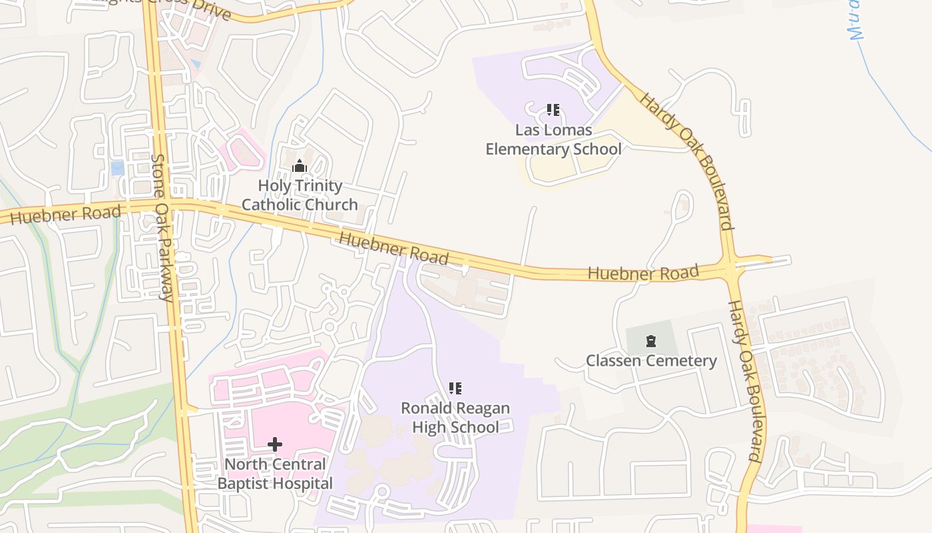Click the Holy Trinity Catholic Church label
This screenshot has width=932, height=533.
[300, 195]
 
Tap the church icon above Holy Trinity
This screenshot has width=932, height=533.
[300, 166]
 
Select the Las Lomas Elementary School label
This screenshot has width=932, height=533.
[553, 139]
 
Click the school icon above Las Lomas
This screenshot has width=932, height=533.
[553, 110]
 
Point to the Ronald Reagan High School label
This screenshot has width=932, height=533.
[455, 417]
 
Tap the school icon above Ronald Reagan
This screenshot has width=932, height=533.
[455, 388]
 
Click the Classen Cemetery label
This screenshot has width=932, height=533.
[651, 361]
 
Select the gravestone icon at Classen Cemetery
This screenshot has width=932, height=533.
[651, 342]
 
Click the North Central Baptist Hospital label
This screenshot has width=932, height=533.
[275, 474]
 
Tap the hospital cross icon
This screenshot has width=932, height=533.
[275, 444]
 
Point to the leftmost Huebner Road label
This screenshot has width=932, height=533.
[65, 215]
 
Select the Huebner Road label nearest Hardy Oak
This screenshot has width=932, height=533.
[643, 273]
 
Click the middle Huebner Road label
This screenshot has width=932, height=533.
[393, 248]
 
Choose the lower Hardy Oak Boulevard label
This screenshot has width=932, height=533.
[744, 381]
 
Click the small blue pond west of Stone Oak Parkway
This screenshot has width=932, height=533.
[118, 168]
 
